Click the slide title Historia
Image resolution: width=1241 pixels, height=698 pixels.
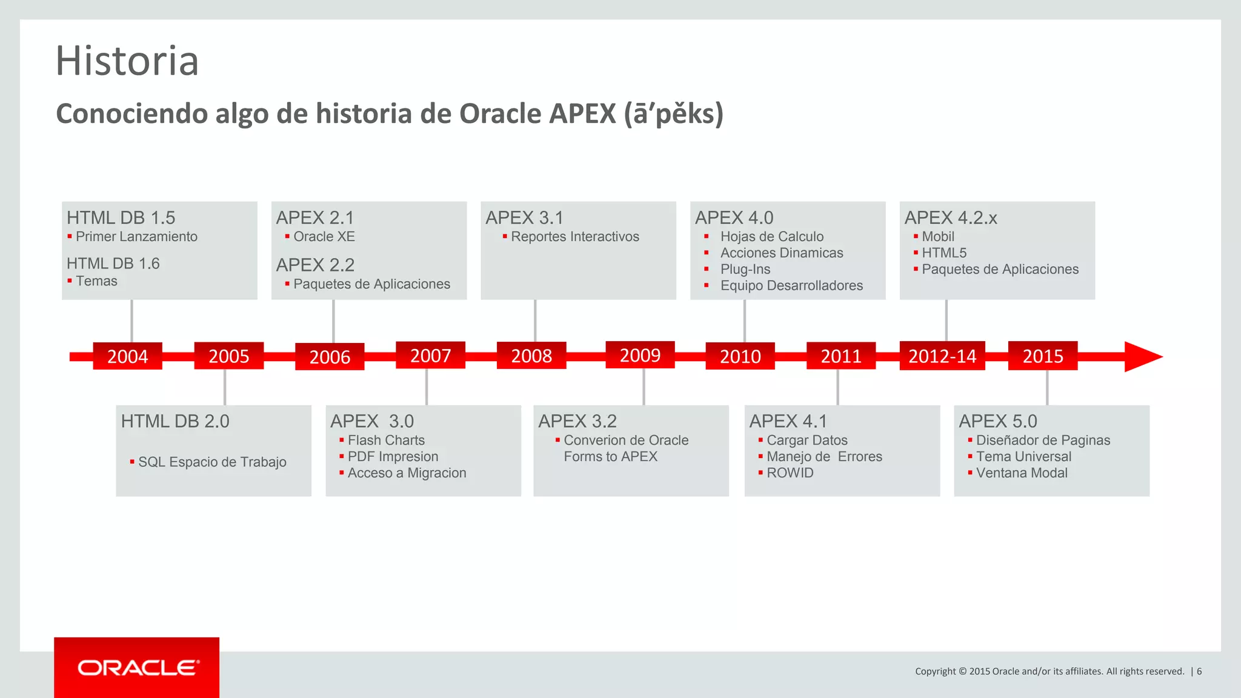coord(127,61)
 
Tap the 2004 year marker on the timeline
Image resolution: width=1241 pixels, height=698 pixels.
coord(127,356)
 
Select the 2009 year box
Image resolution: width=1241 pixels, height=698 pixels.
coord(640,354)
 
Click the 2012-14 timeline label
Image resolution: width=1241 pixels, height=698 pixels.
coord(942,356)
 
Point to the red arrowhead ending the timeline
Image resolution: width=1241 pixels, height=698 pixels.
coord(1142,357)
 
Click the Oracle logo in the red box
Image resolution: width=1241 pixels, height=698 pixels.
coord(138,668)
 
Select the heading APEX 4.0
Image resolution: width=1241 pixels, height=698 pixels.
coord(734,218)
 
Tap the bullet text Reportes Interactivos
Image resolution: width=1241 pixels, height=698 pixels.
coord(574,237)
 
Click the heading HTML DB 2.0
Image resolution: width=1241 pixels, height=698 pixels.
coord(175,421)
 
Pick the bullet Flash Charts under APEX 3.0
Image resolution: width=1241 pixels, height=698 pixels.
coord(386,440)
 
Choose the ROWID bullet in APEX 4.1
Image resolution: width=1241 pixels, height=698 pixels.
coord(790,473)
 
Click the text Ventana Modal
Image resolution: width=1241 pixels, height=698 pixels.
coord(1022,473)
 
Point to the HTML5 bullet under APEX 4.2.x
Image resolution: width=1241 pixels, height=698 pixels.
coord(944,253)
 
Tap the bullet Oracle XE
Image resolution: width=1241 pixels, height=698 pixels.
coord(324,237)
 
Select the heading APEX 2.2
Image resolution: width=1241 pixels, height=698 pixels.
coord(315,265)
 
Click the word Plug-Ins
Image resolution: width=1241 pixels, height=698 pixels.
coord(745,270)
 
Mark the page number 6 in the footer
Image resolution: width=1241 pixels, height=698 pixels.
coord(1199,671)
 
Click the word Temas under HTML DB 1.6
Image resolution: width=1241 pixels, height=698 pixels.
coord(96,281)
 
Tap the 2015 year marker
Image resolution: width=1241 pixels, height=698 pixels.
coord(1042,356)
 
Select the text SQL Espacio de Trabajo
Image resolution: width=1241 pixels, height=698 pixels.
coord(212,462)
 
